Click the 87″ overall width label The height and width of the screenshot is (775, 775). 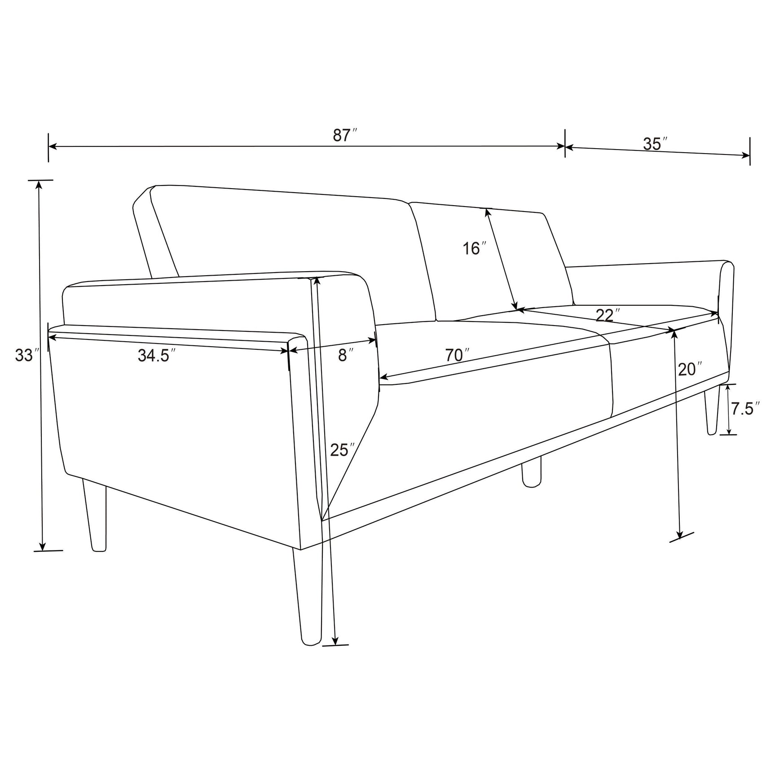pyautogui.click(x=344, y=135)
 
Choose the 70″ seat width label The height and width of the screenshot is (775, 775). pyautogui.click(x=457, y=355)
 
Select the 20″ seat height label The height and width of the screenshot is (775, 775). pyautogui.click(x=690, y=370)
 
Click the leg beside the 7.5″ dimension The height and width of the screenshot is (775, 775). pyautogui.click(x=711, y=412)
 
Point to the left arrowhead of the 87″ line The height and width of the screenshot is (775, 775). pyautogui.click(x=52, y=146)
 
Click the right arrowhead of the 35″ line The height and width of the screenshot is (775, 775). pyautogui.click(x=746, y=156)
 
